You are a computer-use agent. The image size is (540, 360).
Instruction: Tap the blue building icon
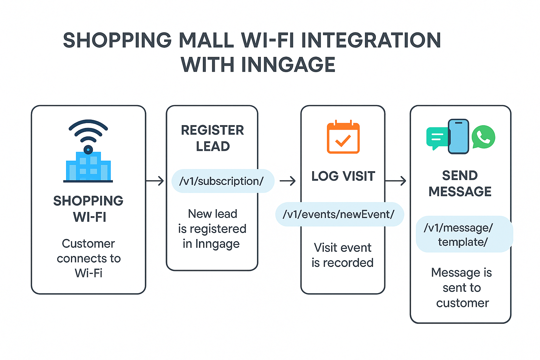click(x=88, y=167)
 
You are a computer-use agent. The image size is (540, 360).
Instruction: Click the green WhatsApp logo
click(x=483, y=137)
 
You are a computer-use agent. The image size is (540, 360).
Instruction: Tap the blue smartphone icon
click(x=458, y=136)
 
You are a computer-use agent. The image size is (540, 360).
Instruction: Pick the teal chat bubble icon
click(x=437, y=138)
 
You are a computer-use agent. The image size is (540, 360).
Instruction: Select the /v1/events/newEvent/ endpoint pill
click(x=339, y=214)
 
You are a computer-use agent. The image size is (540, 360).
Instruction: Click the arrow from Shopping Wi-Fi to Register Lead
click(x=155, y=181)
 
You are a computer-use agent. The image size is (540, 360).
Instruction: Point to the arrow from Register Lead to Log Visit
click(x=288, y=181)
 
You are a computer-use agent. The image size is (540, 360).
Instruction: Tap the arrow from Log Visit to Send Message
click(x=396, y=181)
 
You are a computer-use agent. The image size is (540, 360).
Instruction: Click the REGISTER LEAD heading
click(x=212, y=138)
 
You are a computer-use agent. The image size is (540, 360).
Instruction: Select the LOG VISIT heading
click(x=343, y=176)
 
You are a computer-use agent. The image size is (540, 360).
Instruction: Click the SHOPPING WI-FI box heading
click(x=88, y=209)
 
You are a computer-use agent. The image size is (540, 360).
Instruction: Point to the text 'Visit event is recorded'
click(x=342, y=255)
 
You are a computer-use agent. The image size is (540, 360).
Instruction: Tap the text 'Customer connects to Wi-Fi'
click(x=89, y=258)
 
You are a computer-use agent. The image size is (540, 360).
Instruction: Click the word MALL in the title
click(x=206, y=40)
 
